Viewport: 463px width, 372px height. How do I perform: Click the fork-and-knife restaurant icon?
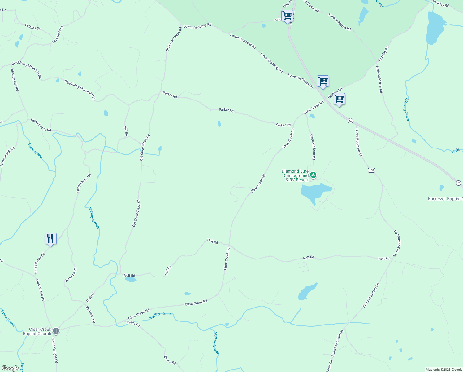pos(50,239)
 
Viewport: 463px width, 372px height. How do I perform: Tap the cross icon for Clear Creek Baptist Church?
pos(56,331)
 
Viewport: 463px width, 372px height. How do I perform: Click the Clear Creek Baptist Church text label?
pos(37,331)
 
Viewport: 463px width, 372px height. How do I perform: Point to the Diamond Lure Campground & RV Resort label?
pos(295,175)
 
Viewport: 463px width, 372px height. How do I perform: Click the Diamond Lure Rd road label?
pos(313,147)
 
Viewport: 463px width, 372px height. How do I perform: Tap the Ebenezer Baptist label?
pos(445,199)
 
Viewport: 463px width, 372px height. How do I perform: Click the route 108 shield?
pos(371,170)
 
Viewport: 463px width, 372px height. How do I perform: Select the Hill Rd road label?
pos(126,131)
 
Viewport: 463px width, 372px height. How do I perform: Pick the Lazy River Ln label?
pos(58,34)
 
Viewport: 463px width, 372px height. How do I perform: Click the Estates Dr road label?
pos(32,27)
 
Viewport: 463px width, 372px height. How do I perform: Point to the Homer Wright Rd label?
pos(55,350)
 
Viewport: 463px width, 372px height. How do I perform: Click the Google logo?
pos(10,368)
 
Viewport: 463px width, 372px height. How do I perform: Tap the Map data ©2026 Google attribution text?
pos(444,370)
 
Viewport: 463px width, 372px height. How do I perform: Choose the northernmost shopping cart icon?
pos(287,15)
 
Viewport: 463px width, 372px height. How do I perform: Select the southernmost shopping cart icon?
pos(339,99)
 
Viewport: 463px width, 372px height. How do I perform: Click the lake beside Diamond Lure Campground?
pos(316,192)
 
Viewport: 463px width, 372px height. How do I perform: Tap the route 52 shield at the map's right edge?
pos(458,183)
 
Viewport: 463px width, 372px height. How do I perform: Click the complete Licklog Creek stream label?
pos(407,110)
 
